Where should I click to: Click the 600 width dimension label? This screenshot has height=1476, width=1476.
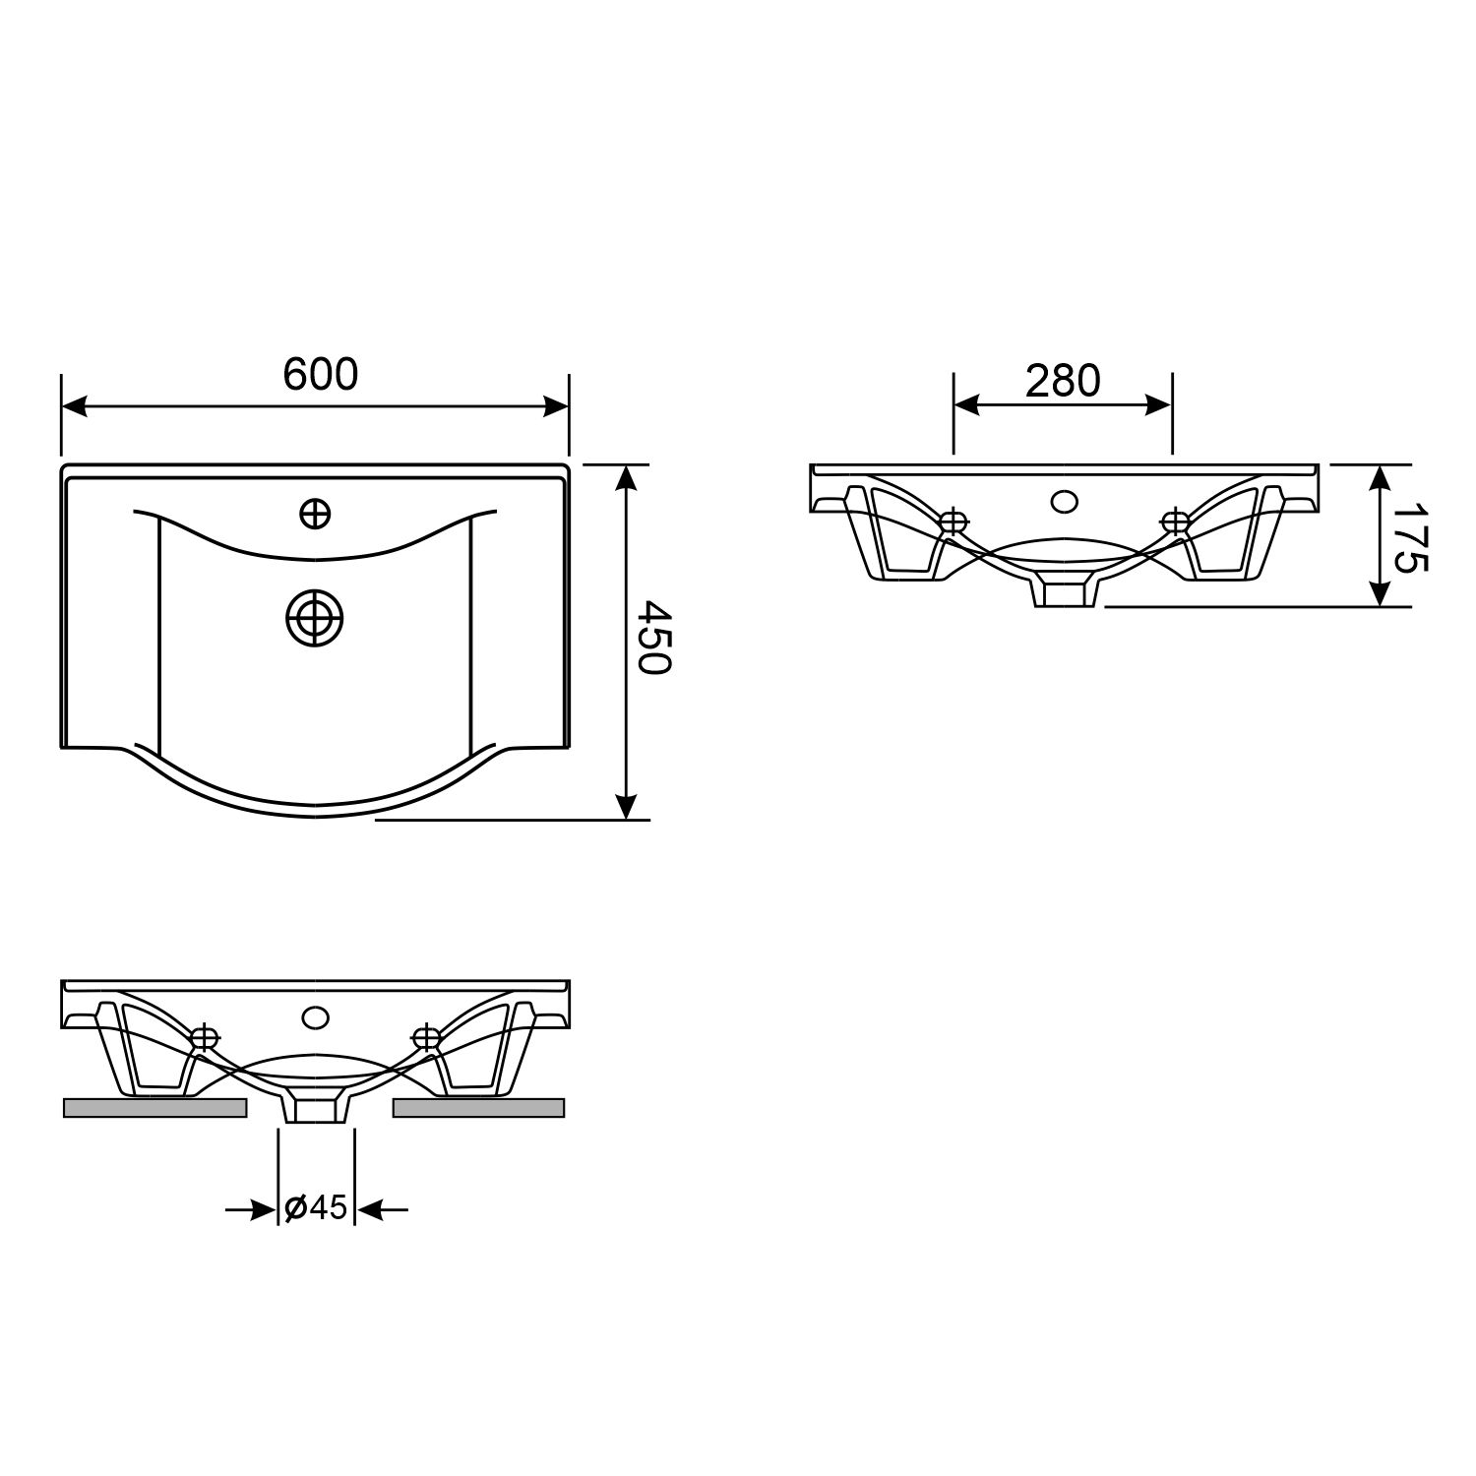[321, 375]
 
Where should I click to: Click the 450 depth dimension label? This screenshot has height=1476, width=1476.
[651, 637]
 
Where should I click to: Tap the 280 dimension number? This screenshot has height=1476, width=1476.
[1063, 380]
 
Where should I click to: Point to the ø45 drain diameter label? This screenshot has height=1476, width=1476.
[316, 1207]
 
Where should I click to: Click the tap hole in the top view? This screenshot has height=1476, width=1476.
[315, 513]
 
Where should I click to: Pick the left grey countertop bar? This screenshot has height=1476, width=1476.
[154, 1108]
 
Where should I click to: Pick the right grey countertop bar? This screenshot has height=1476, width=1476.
[479, 1108]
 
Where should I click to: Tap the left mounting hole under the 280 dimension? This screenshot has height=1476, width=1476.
[953, 523]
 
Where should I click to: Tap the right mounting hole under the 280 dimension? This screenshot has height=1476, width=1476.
[1175, 522]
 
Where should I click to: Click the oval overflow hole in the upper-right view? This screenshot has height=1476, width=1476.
[1064, 501]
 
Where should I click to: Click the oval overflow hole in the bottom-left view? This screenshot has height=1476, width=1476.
[316, 1016]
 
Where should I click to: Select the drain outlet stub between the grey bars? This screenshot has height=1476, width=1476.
[316, 1110]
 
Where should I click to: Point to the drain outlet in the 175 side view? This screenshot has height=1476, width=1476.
[1064, 593]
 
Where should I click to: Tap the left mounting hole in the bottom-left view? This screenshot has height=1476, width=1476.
[205, 1037]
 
